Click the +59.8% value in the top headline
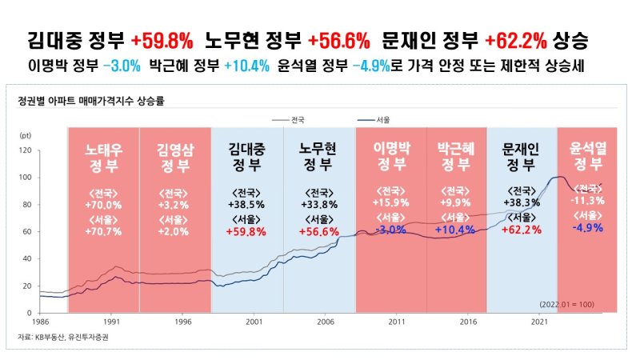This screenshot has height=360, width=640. point(166,39)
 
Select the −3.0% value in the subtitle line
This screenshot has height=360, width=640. point(122,66)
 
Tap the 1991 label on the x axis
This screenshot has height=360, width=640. point(113,321)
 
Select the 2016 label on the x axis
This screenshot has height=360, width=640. point(468,321)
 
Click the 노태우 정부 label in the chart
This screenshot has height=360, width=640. point(102,158)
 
